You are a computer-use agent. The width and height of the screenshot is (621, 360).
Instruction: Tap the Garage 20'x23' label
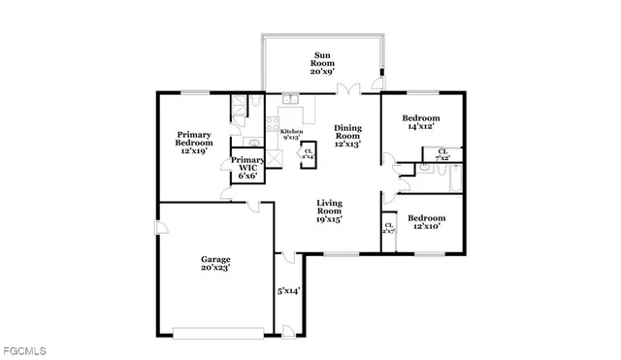click(215, 264)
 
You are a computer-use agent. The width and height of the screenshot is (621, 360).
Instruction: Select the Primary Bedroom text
click(194, 143)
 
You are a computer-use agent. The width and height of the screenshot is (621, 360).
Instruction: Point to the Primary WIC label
click(247, 167)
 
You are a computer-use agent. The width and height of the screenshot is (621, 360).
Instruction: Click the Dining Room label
click(347, 136)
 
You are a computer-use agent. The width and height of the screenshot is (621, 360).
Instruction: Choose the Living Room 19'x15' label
click(330, 211)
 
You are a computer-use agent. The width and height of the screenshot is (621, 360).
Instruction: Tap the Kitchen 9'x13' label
click(291, 134)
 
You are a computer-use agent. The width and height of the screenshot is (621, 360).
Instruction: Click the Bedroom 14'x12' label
click(422, 121)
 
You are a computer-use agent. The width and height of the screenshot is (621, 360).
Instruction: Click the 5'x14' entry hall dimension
click(289, 290)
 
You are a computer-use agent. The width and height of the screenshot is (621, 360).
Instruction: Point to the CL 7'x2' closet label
click(442, 153)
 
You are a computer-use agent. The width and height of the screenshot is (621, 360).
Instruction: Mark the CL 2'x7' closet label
click(388, 229)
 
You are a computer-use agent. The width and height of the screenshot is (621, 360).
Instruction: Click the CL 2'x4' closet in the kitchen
click(309, 153)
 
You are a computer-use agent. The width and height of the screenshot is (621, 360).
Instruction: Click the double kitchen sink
click(290, 99)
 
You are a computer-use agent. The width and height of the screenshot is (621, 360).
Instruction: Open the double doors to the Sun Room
click(348, 90)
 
